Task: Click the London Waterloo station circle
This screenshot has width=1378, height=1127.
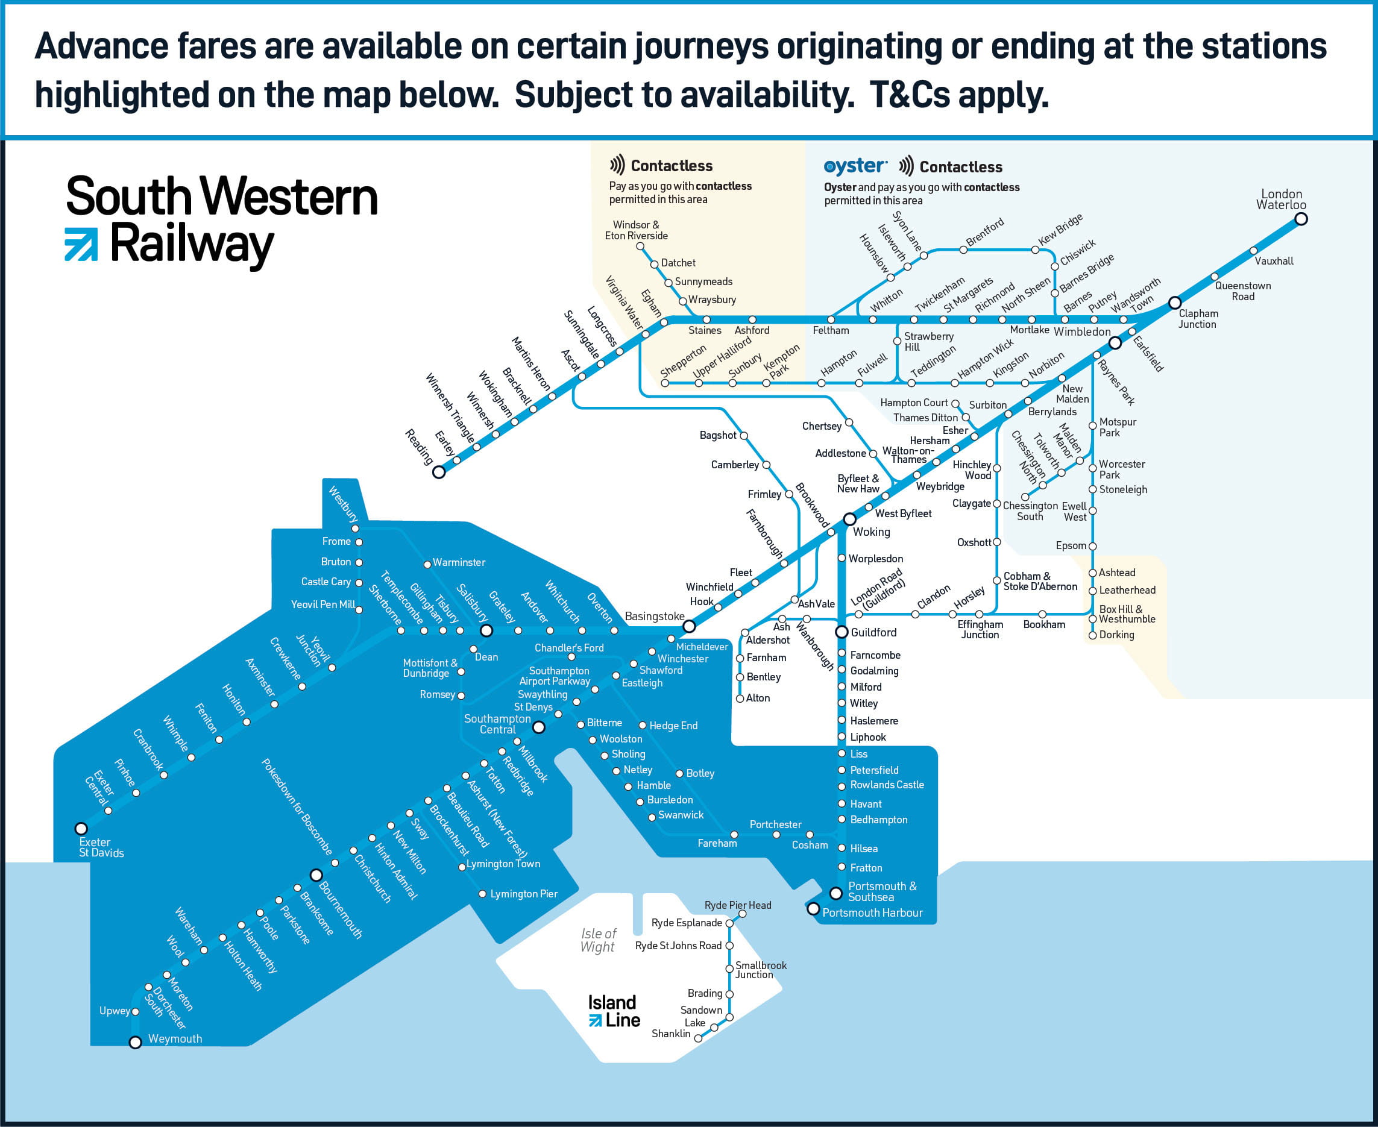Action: pyautogui.click(x=1301, y=219)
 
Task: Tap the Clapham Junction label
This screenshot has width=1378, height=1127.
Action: pyautogui.click(x=1198, y=319)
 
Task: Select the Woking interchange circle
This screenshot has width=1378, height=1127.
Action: pyautogui.click(x=849, y=520)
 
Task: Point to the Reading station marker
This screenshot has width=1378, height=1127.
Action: pyautogui.click(x=439, y=472)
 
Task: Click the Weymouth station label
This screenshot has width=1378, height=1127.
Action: pyautogui.click(x=175, y=1039)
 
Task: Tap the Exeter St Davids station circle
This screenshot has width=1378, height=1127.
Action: pyautogui.click(x=81, y=828)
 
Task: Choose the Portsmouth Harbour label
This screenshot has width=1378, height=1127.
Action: pyautogui.click(x=872, y=913)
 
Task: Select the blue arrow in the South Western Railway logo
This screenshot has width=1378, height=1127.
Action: pyautogui.click(x=81, y=244)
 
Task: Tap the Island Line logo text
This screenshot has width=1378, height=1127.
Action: pyautogui.click(x=614, y=1011)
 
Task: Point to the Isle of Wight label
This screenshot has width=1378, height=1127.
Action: pyautogui.click(x=598, y=940)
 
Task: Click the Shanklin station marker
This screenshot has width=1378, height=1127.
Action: pyautogui.click(x=698, y=1038)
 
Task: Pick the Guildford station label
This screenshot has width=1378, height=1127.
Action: pyautogui.click(x=873, y=632)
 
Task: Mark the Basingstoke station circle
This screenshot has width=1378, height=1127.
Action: pyautogui.click(x=689, y=626)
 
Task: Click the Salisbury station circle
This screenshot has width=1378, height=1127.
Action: pyautogui.click(x=486, y=630)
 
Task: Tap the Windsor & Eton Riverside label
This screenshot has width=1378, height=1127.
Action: pyautogui.click(x=636, y=230)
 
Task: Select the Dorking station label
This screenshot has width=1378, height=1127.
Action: pyautogui.click(x=1116, y=635)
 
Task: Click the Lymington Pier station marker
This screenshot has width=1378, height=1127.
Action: pyautogui.click(x=482, y=894)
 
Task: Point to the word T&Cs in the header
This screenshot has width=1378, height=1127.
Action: pyautogui.click(x=910, y=95)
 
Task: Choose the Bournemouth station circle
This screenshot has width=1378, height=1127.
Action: pyautogui.click(x=316, y=875)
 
